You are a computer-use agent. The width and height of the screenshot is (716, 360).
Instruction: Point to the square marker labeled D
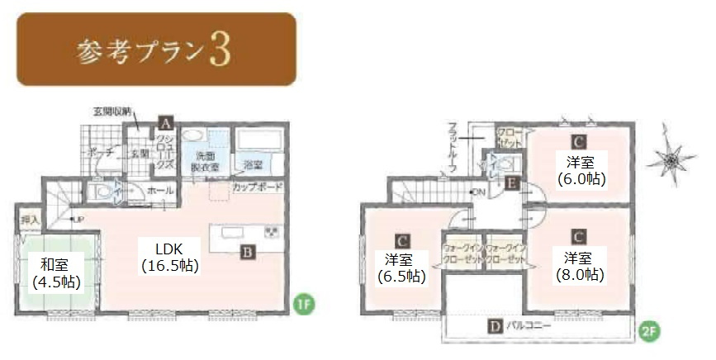pyautogui.click(x=494, y=326)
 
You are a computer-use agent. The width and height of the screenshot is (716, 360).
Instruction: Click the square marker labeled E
pyautogui.click(x=512, y=183)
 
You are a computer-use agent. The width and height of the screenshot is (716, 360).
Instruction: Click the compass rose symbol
pyautogui.click(x=672, y=159)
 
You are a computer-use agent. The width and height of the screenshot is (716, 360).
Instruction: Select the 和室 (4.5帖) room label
pyautogui.click(x=55, y=273)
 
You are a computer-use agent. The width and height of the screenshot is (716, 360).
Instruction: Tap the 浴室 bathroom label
pyautogui.click(x=253, y=165)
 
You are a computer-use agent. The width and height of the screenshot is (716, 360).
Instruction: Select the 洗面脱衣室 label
pyautogui.click(x=206, y=161)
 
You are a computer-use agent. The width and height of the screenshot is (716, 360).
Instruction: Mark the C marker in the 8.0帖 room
pyautogui.click(x=580, y=236)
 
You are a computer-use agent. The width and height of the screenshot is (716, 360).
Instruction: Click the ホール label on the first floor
pyautogui.click(x=159, y=191)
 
